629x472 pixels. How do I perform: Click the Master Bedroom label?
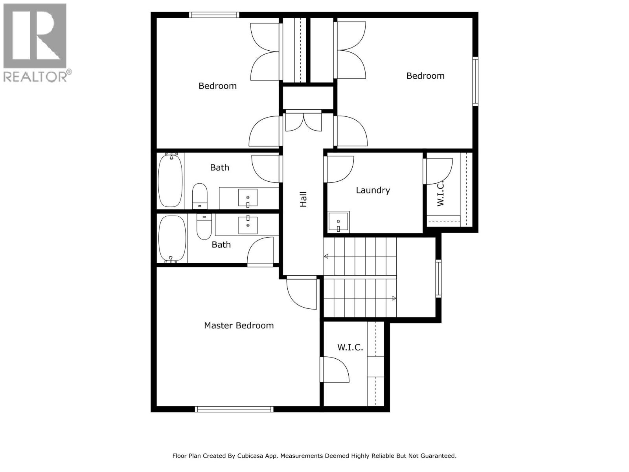point(239,326)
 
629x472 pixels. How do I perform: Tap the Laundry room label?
point(373,190)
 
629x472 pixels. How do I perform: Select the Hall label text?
point(303,199)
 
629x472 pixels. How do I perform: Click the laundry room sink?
point(338,222)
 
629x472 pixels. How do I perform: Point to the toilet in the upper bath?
point(200,195)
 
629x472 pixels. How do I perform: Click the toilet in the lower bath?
point(204,227)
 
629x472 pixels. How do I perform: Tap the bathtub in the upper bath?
point(170,181)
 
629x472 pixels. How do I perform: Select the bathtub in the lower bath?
point(172,239)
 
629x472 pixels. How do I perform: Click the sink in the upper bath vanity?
point(248,198)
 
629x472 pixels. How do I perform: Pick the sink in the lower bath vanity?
point(248,225)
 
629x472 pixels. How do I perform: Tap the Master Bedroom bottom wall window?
point(234,409)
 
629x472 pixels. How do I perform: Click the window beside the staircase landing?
point(438,278)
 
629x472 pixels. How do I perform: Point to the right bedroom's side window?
point(475,81)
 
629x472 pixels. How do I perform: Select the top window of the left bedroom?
point(214,15)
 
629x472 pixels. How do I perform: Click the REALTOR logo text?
point(35,77)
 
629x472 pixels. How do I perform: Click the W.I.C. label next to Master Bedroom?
point(350,348)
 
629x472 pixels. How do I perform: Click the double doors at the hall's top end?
point(303,122)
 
